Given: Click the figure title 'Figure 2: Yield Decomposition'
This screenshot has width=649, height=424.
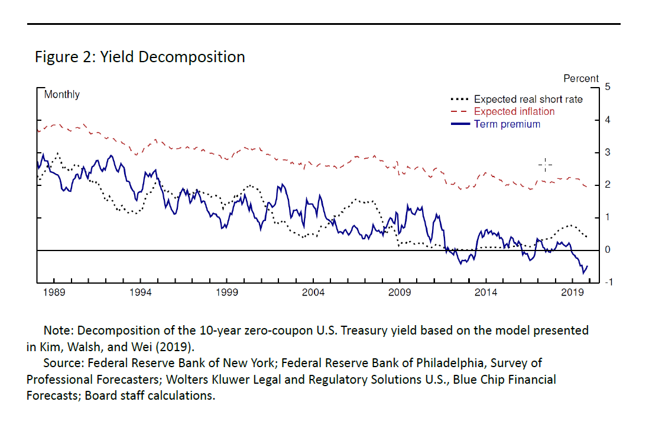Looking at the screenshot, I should (x=139, y=57).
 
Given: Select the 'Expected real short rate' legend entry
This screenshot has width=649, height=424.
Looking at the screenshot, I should (x=528, y=99).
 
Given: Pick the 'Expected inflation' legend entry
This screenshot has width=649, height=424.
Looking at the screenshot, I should (x=514, y=111).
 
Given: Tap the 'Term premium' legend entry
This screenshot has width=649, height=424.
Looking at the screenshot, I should (x=507, y=124).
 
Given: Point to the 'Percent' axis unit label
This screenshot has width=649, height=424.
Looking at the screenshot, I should (x=581, y=78).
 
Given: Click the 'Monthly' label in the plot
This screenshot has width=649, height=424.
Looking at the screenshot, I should (x=62, y=95).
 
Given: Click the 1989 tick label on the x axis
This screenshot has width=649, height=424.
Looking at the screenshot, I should (x=53, y=293).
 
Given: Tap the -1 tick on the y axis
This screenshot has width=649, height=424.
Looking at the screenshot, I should (x=609, y=283).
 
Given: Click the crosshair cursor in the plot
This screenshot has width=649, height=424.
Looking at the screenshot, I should (x=545, y=165).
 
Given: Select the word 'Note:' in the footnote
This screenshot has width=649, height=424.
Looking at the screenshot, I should (x=59, y=330).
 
